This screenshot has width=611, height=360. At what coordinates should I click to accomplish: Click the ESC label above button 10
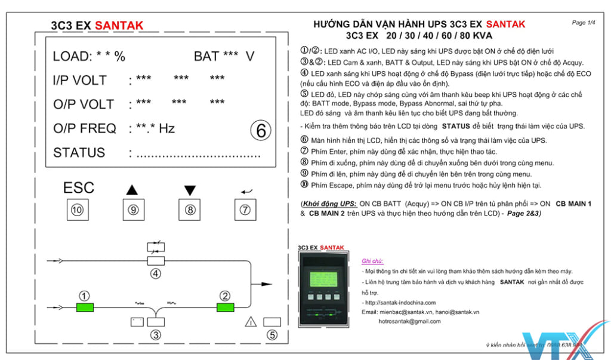(79, 187)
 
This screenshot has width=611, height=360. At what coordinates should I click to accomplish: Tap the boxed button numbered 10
(77, 210)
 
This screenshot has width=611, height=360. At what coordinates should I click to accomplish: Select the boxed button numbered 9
(133, 210)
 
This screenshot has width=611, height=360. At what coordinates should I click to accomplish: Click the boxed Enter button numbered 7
(245, 210)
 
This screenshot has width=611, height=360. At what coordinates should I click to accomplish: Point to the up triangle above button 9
(132, 190)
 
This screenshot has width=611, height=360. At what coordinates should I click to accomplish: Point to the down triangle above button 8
(190, 190)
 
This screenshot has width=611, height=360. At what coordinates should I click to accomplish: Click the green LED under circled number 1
(85, 307)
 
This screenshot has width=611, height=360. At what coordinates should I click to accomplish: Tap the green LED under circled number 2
(225, 307)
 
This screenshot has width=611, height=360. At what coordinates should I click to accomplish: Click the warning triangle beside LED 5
(251, 322)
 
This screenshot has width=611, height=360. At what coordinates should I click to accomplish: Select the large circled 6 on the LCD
(261, 130)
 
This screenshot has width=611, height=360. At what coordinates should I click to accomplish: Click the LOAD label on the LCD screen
(72, 57)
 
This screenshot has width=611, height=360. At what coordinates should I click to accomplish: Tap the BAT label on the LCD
(206, 57)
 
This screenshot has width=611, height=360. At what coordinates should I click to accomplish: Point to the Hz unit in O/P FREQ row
(166, 128)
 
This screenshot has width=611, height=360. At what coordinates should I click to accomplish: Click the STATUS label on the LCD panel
(79, 153)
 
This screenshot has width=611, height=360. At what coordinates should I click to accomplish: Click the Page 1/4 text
(584, 23)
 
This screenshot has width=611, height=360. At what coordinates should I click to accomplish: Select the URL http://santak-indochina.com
(399, 303)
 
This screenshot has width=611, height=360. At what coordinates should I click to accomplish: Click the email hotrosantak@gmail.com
(409, 321)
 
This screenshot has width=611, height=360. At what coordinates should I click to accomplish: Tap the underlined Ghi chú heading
(373, 261)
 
